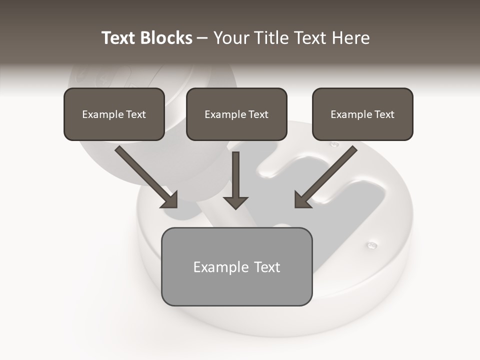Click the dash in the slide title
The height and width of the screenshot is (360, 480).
(202, 38)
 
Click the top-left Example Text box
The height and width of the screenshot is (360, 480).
(114, 114)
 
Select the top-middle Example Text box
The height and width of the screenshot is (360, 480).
(236, 114)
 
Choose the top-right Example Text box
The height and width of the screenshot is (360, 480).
(362, 114)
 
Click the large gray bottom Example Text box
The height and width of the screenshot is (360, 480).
(236, 267)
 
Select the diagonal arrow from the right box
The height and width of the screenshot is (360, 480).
(327, 175)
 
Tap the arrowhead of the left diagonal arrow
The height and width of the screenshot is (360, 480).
(170, 200)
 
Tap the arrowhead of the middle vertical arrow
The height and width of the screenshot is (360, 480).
(236, 202)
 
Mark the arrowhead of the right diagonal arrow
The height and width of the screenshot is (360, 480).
(302, 200)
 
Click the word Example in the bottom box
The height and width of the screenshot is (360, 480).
(214, 267)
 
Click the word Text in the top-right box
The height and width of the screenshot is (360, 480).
(384, 114)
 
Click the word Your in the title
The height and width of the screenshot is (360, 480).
(231, 38)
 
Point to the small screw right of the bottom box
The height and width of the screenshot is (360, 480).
(372, 245)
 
